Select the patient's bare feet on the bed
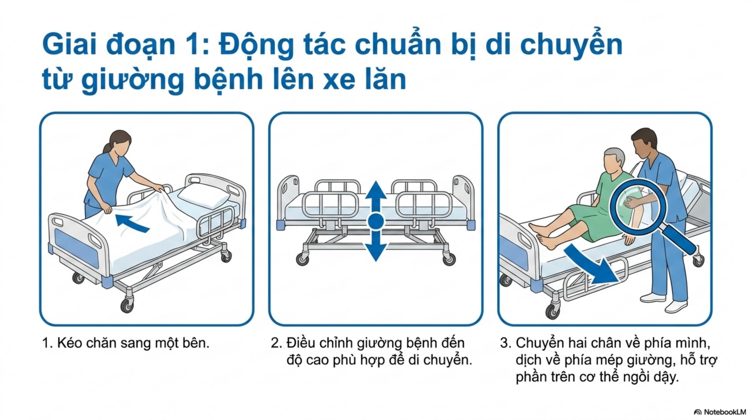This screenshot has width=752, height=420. (543, 235)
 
